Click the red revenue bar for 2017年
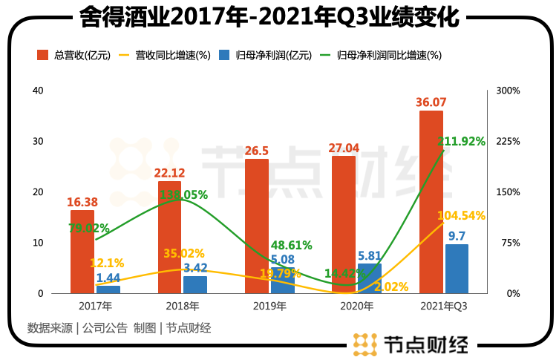point(82,252)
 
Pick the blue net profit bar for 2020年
point(369,279)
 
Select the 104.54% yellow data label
point(460,215)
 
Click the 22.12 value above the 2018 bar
point(170,172)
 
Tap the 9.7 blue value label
point(457,236)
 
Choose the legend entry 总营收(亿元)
point(74,55)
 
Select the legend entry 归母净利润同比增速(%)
point(381,55)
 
